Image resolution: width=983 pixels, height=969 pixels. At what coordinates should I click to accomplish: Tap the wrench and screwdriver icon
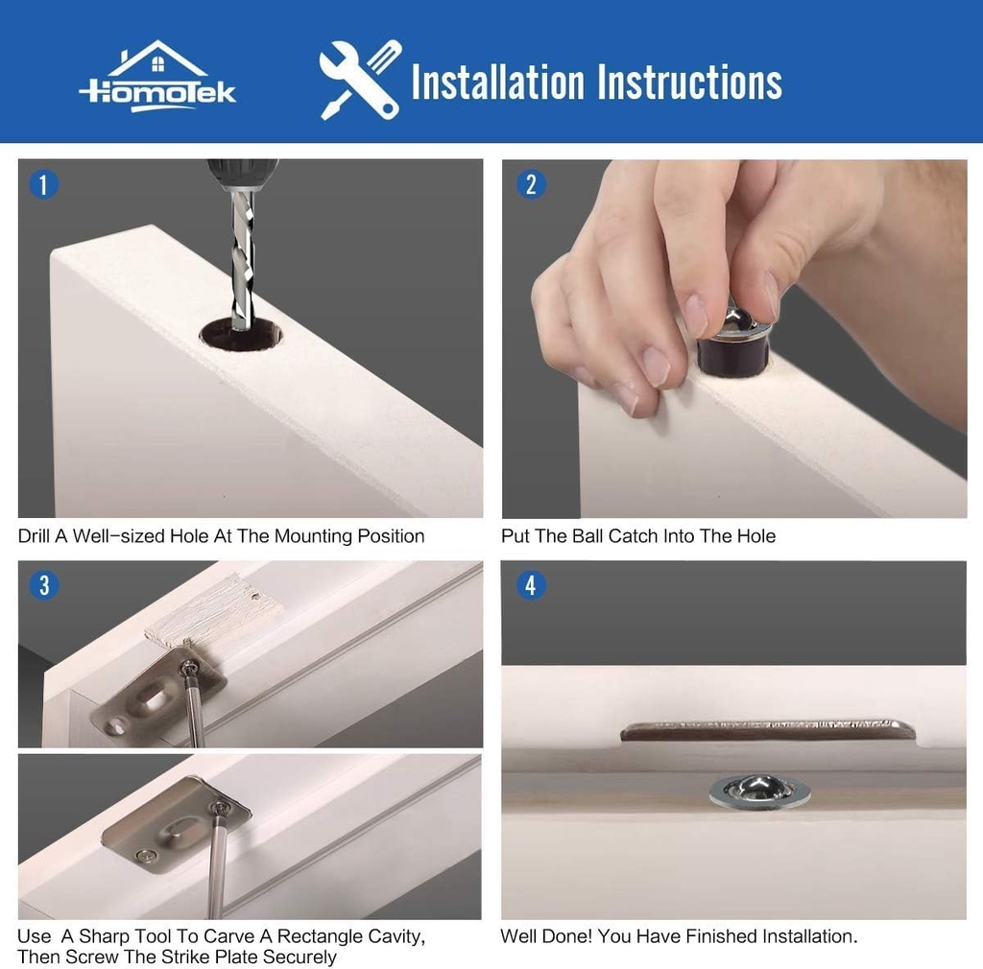tap(361, 80)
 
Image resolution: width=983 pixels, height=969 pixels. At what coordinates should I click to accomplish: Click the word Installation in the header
tap(498, 83)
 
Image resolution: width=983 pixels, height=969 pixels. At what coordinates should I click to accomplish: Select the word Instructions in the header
tap(689, 83)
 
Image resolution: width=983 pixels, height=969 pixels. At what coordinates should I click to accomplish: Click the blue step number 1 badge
tap(43, 185)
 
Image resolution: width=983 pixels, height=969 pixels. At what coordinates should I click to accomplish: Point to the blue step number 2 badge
tap(530, 185)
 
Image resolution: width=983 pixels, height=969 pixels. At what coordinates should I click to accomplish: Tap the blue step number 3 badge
tap(43, 585)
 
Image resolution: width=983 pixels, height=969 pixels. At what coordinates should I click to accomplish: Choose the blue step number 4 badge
tap(530, 585)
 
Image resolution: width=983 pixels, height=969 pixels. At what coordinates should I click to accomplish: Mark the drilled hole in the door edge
tap(241, 334)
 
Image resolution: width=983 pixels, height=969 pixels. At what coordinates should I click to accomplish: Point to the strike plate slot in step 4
tap(768, 731)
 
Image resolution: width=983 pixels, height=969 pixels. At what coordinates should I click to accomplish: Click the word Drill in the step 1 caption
tap(35, 536)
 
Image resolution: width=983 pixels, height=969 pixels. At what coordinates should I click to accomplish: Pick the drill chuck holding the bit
tap(242, 174)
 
